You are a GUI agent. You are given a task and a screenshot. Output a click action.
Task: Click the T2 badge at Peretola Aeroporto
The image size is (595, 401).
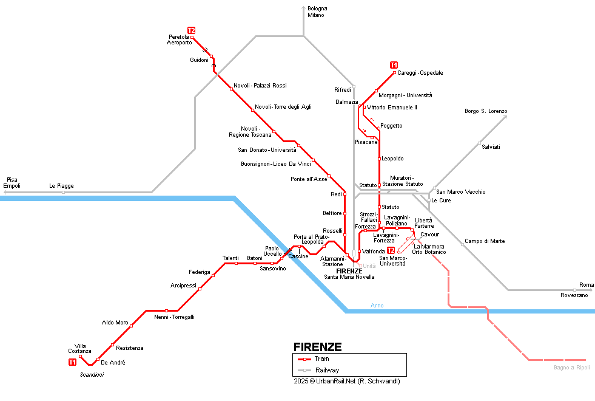pyautogui.click(x=191, y=30)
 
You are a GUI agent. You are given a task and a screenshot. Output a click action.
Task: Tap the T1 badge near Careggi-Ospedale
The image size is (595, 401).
pyautogui.click(x=394, y=65)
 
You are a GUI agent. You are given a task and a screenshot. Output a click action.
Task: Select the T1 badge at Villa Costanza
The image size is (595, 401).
pyautogui.click(x=72, y=362)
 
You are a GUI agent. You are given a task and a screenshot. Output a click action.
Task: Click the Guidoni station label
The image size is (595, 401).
pyautogui.click(x=199, y=60)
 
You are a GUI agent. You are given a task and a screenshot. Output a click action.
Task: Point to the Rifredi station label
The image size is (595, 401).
pyautogui.click(x=343, y=90)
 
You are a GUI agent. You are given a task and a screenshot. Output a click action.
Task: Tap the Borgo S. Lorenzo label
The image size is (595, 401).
pyautogui.click(x=485, y=111)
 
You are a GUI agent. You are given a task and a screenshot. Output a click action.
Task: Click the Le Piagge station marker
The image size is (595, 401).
pyautogui.click(x=63, y=192)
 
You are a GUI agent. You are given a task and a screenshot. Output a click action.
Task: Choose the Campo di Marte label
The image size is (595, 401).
pyautogui.click(x=485, y=241)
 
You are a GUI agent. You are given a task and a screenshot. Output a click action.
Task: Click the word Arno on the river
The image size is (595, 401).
pyautogui.click(x=377, y=305)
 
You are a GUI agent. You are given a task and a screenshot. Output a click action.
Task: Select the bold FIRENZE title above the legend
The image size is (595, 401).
pyautogui.click(x=317, y=348)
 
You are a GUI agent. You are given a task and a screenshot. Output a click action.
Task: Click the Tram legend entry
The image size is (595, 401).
pyautogui.click(x=321, y=359)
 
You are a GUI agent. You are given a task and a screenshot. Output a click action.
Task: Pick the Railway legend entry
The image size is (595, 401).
pyautogui.click(x=326, y=370)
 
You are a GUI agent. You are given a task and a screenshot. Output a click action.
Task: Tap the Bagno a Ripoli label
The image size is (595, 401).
pyautogui.click(x=571, y=368)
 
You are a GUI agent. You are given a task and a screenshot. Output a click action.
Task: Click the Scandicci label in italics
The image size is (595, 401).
pyautogui.click(x=92, y=375)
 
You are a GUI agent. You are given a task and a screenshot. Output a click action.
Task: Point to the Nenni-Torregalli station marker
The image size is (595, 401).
pyautogui.click(x=166, y=311)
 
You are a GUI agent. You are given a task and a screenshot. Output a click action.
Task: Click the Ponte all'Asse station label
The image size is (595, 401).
pyautogui.click(x=309, y=179)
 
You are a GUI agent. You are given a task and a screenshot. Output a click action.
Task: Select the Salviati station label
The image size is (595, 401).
pyautogui.click(x=491, y=147)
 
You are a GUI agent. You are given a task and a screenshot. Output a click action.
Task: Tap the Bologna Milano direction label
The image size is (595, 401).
pyautogui.click(x=317, y=12)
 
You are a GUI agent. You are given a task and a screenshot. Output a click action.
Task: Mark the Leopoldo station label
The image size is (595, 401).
pyautogui.click(x=392, y=159)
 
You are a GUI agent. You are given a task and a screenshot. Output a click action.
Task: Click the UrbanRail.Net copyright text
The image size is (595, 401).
pyautogui.click(x=346, y=381)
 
